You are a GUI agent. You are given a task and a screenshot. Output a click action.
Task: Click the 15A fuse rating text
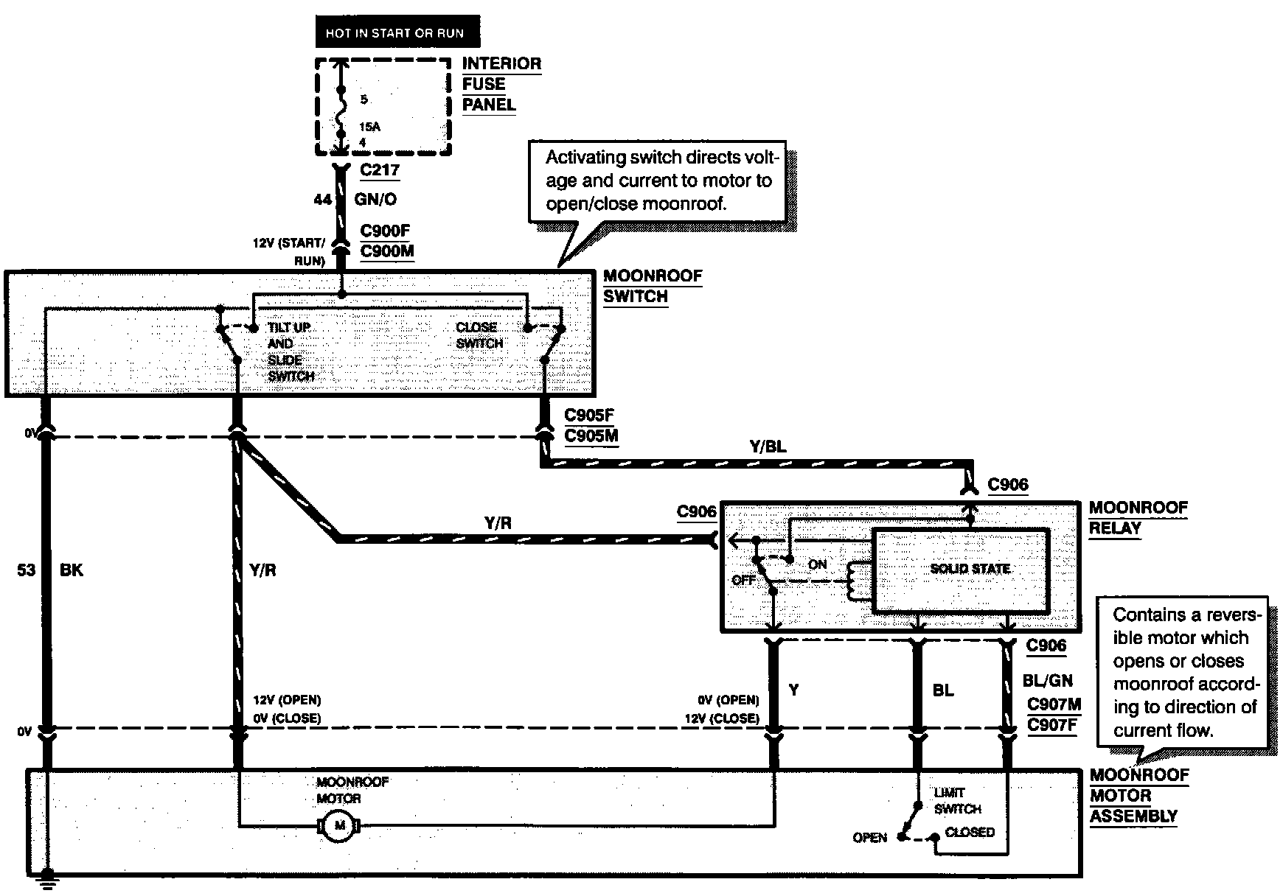pos(370,127)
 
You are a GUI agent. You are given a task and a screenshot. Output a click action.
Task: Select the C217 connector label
pos(380,170)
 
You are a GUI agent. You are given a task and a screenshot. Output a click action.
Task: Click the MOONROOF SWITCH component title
pos(653,287)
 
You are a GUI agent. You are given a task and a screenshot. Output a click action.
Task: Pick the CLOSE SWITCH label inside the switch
pos(479,335)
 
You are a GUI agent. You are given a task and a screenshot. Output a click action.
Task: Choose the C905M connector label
pos(591,435)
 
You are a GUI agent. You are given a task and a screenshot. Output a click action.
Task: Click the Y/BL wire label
pos(768,447)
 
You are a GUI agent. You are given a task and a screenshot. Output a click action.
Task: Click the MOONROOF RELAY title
pos(1138,518)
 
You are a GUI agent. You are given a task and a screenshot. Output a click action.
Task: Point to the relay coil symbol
pos(855,581)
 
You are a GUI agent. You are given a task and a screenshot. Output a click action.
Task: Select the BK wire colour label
pos(72,570)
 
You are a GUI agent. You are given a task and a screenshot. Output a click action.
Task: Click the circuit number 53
pos(27,570)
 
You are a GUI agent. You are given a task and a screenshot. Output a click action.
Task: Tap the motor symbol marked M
pos(339,825)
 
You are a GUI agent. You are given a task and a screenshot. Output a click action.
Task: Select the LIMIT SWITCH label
pos(957,801)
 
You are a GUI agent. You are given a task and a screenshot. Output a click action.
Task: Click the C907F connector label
pos(1052,724)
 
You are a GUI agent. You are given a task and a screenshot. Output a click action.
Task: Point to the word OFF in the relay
pos(744,580)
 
